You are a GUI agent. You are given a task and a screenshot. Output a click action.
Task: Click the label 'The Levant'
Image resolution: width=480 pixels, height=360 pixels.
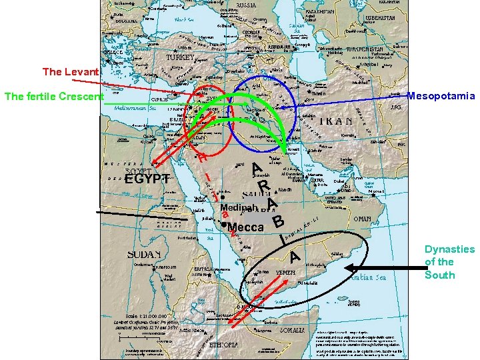71,71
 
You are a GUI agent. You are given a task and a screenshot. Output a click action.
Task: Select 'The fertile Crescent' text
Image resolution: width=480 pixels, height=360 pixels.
54,97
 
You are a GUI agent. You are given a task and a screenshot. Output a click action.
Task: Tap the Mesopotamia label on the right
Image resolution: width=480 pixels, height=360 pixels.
441,96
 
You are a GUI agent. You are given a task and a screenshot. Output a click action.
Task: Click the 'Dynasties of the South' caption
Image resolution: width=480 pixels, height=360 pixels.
449,262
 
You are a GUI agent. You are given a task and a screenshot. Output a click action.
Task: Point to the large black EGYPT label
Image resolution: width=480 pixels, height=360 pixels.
147,179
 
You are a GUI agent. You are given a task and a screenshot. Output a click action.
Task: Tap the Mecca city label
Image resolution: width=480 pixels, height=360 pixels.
247,227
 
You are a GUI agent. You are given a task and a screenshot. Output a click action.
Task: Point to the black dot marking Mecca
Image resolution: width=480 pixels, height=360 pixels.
225,227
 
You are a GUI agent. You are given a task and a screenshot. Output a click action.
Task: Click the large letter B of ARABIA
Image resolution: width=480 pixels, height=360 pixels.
279,219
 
